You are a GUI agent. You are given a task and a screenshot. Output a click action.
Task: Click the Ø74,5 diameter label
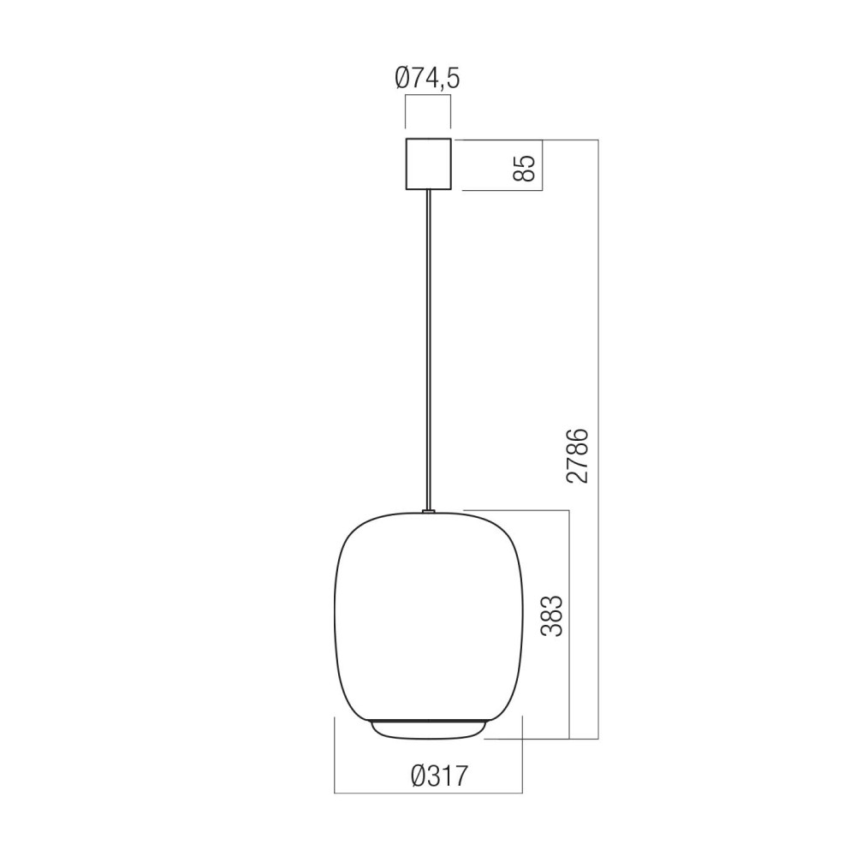(427, 79)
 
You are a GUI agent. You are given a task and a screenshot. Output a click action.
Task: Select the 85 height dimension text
(526, 168)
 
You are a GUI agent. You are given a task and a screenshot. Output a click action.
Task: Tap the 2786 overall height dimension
(578, 456)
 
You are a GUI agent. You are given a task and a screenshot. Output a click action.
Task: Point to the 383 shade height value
(551, 615)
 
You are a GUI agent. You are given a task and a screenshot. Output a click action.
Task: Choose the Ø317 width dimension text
(439, 776)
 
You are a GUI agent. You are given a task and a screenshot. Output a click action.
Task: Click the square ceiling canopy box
(429, 163)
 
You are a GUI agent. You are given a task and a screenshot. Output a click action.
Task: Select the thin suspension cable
(429, 350)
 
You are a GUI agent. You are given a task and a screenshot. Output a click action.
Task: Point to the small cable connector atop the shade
(429, 512)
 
